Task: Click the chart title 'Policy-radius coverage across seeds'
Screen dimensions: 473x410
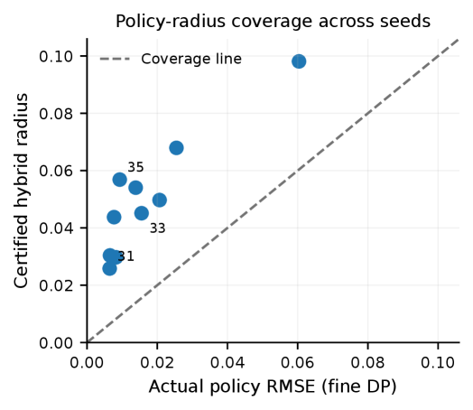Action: point(273,22)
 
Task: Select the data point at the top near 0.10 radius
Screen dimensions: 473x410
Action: point(299,61)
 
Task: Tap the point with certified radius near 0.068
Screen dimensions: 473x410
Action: point(176,148)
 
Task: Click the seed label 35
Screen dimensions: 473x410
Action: point(135,167)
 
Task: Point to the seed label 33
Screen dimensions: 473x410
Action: point(157,228)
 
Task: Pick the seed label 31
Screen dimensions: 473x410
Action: point(125,256)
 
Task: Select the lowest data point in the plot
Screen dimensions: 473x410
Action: point(109,268)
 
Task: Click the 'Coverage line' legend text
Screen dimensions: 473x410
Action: point(191,59)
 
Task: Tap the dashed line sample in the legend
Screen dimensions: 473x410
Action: point(115,59)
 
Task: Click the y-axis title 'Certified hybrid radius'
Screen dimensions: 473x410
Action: point(21,191)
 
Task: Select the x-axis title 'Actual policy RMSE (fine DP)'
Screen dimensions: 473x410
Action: point(273,387)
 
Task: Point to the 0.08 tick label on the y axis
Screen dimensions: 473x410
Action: point(56,114)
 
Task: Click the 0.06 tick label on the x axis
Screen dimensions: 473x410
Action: point(298,362)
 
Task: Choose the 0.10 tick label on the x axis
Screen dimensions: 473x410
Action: point(438,362)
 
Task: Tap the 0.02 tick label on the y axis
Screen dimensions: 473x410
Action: point(56,285)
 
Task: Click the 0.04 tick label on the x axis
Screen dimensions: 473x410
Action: point(227,362)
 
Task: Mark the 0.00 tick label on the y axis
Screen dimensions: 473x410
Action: point(56,343)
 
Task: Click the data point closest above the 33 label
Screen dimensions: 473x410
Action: point(142,213)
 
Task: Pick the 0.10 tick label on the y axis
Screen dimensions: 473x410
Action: point(56,56)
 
